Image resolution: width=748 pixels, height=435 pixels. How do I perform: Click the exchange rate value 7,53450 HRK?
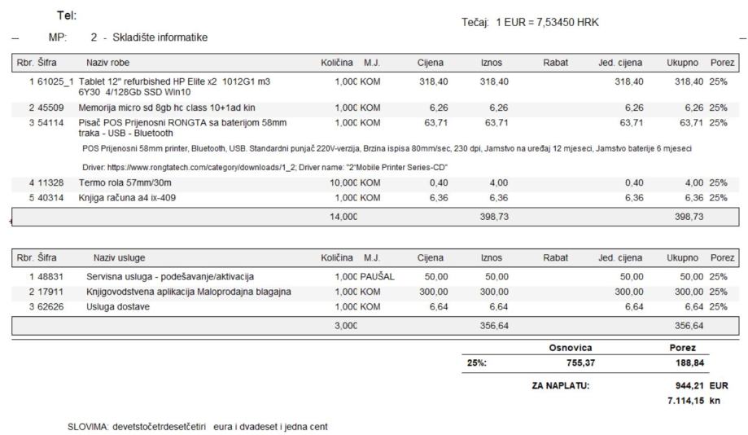click(x=568, y=22)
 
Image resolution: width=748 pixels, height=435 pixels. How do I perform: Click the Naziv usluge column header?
click(x=120, y=257)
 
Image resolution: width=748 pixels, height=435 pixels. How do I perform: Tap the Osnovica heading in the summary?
click(x=570, y=348)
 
